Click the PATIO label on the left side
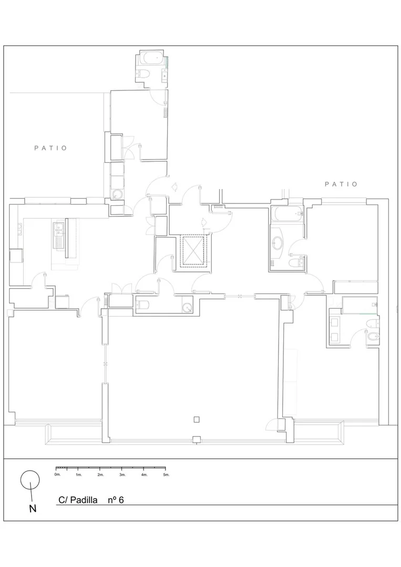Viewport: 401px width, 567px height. [50, 148]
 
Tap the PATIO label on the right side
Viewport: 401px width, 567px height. [341, 184]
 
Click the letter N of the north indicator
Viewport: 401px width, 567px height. [33, 508]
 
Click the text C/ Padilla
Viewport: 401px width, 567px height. [78, 500]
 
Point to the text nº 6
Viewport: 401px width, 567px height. [116, 500]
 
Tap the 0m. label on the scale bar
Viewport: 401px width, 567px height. [57, 475]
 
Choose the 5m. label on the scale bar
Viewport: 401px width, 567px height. [166, 475]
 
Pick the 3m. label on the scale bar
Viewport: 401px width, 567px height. [122, 475]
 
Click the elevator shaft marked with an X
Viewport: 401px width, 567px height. [193, 251]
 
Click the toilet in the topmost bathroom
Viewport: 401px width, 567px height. [143, 74]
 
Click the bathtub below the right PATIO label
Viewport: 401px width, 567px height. [286, 214]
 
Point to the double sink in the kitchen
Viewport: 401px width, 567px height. [59, 235]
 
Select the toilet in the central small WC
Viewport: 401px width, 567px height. [142, 305]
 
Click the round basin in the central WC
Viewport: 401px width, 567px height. [187, 307]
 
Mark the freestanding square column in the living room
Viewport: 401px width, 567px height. [197, 419]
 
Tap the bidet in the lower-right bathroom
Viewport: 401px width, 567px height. [373, 338]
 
